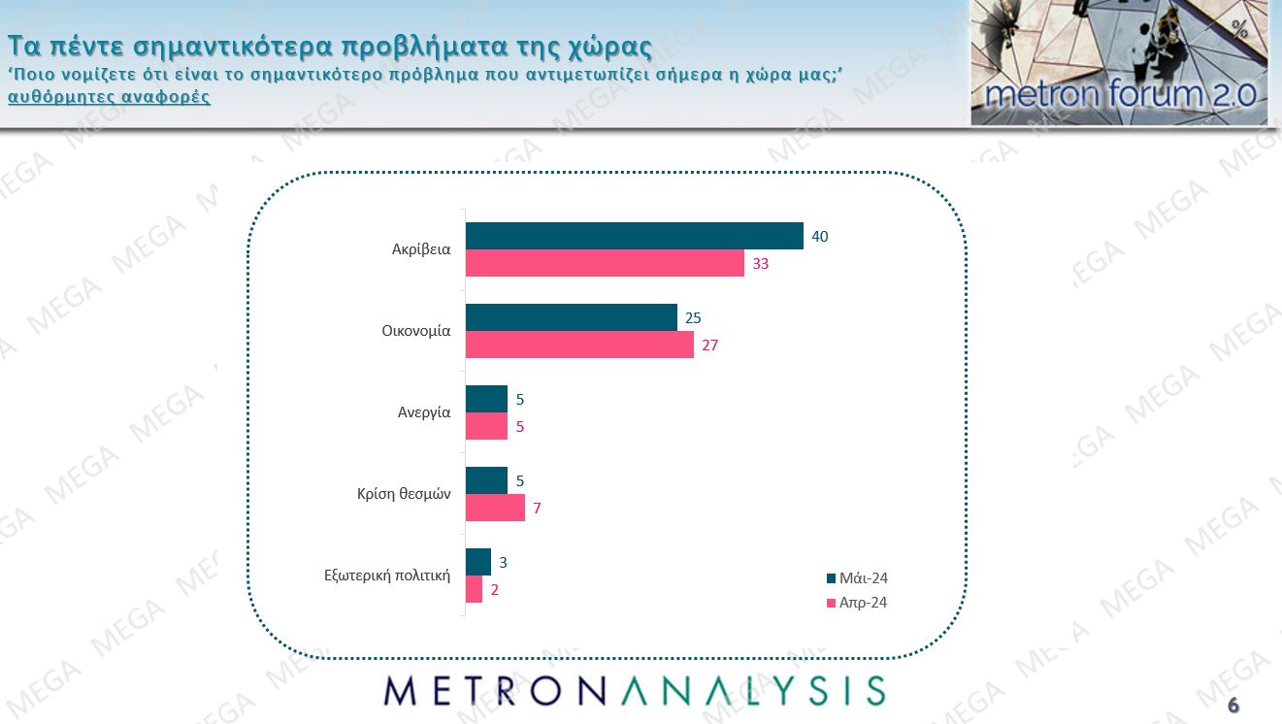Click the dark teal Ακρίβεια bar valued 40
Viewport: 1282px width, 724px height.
point(635,236)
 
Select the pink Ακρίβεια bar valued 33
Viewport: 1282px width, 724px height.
point(605,263)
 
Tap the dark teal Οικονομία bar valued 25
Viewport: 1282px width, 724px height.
point(572,317)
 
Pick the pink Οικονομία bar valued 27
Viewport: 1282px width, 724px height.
point(579,345)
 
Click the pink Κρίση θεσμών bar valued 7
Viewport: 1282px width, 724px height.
point(495,508)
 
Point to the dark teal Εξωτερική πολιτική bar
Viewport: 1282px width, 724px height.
point(478,562)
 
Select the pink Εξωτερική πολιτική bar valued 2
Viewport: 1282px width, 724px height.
point(475,589)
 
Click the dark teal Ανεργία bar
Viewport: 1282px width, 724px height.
point(486,399)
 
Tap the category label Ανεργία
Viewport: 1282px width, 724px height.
point(424,411)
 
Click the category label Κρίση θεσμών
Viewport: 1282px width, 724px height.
point(404,493)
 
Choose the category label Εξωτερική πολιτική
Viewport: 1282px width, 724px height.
point(387,575)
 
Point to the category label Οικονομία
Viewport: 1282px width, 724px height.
point(416,330)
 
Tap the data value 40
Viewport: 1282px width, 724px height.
point(819,236)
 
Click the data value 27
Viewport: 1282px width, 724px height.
point(709,345)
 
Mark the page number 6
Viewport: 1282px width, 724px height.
point(1233,705)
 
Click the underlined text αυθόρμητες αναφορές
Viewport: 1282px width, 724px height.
point(109,97)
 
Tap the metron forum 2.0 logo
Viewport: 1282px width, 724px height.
point(1119,63)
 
